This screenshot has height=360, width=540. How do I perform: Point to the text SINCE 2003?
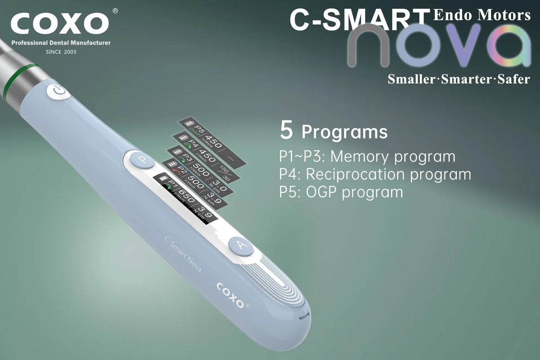(x=61, y=52)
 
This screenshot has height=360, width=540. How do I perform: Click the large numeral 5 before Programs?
(x=286, y=129)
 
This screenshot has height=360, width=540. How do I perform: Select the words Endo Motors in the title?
(x=482, y=15)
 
